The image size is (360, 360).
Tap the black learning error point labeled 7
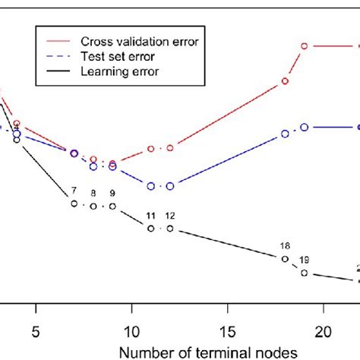tap(74, 204)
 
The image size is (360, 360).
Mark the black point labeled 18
tap(285, 259)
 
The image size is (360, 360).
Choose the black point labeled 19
tap(304, 273)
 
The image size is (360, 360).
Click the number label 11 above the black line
tap(150, 216)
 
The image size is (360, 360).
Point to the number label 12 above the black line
tap(170, 216)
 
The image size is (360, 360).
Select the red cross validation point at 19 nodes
tap(304, 46)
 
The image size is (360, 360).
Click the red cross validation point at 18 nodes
tap(285, 81)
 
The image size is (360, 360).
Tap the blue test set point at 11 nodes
tap(150, 186)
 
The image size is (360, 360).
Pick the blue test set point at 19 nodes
tap(304, 128)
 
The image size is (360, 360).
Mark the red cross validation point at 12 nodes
tap(170, 148)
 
